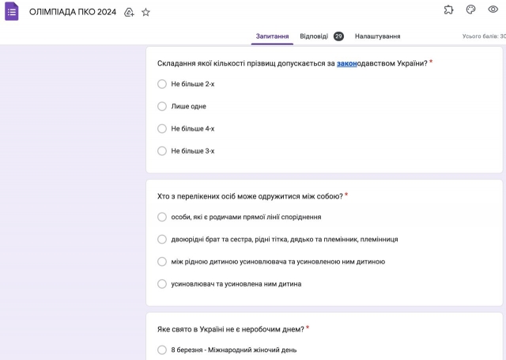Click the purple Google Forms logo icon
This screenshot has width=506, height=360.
click(x=12, y=12)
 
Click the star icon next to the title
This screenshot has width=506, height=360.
click(x=145, y=13)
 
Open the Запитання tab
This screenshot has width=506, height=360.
click(x=272, y=36)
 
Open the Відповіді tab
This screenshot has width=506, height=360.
click(x=314, y=36)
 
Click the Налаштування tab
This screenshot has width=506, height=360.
click(x=377, y=36)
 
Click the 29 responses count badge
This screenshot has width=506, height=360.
click(x=338, y=36)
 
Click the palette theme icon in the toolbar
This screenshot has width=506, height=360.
click(x=471, y=9)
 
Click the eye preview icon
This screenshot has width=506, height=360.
click(x=493, y=9)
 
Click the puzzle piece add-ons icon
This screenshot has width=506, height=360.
click(x=449, y=9)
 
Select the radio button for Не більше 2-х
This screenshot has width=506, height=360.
click(x=162, y=84)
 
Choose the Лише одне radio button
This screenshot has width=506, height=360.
click(x=162, y=106)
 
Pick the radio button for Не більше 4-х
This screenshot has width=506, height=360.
click(x=162, y=128)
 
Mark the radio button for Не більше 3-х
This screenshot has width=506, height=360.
click(x=162, y=150)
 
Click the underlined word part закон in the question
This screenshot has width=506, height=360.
click(x=346, y=63)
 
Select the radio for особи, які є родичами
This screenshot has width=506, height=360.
click(x=162, y=217)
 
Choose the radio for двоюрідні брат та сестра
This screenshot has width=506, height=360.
click(x=162, y=239)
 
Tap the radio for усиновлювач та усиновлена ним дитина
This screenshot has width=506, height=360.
click(x=162, y=283)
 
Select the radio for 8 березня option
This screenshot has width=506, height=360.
click(x=162, y=349)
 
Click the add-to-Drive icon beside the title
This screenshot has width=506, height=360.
click(x=129, y=13)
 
